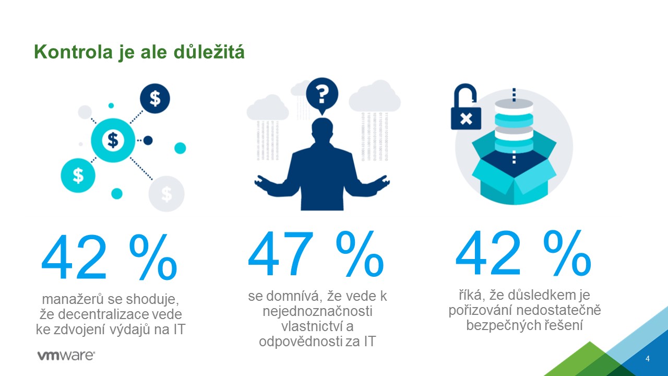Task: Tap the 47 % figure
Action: [316, 255]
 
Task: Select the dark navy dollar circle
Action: [155, 99]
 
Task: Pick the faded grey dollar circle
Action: [166, 194]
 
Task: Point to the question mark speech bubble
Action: [322, 95]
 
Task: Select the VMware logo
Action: [66, 356]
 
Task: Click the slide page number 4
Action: [648, 359]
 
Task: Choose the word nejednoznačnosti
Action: [317, 312]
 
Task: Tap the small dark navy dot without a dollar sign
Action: [148, 140]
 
